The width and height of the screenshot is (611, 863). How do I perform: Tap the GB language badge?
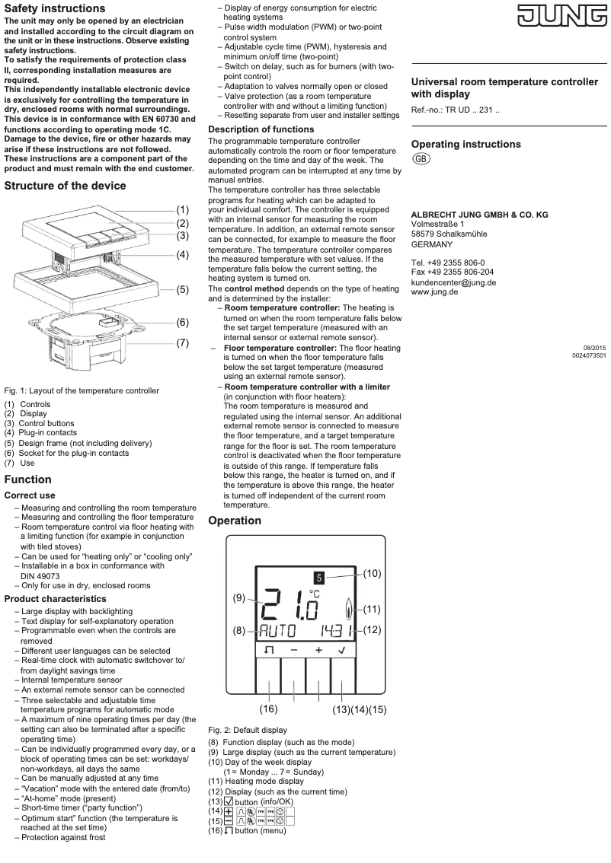[421, 158]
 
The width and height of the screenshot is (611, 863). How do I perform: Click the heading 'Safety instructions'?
[55, 8]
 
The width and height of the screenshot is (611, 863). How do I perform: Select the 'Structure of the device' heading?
[65, 186]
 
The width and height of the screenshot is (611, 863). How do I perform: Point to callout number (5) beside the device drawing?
[183, 289]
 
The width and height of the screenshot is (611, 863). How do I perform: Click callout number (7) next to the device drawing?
[183, 342]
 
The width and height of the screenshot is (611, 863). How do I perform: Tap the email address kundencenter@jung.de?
[453, 282]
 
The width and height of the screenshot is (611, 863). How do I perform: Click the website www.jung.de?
[434, 292]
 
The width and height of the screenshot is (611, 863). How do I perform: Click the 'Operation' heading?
[235, 521]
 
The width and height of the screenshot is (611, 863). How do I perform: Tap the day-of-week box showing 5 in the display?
[320, 578]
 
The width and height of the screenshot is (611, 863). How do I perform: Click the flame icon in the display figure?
[350, 609]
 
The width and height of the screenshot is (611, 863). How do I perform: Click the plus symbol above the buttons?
[318, 651]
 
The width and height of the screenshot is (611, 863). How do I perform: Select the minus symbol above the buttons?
[294, 651]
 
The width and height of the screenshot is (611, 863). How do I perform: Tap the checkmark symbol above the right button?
[343, 651]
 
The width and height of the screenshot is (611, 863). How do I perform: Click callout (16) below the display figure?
[268, 709]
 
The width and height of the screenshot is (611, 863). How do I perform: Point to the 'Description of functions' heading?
[261, 129]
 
